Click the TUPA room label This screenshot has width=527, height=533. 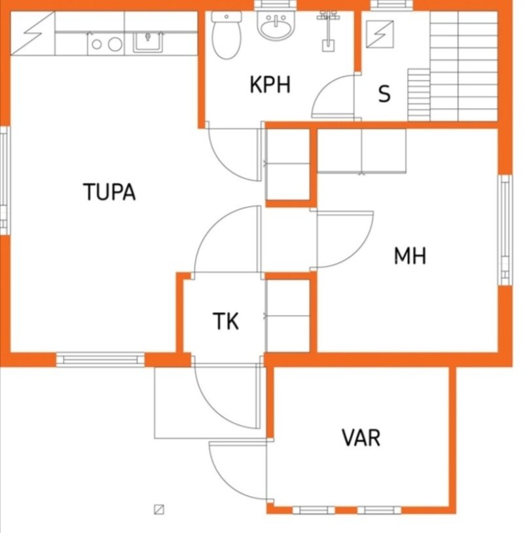pos(109,192)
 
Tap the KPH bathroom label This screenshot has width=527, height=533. pos(270,84)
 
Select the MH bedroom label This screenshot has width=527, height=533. pos(410,255)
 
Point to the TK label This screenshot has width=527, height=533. pos(226,322)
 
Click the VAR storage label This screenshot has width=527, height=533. pos(361,438)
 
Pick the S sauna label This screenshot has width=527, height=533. pos(384,94)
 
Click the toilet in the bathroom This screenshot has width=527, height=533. pos(227,35)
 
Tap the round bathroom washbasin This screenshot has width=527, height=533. pos(276,24)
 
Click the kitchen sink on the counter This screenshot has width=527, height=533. pos(148,42)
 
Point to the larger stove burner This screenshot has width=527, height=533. pos(115,44)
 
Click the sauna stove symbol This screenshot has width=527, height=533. pos(380,34)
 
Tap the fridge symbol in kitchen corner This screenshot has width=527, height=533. pos(33,33)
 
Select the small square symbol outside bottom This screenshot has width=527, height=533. pos(159,509)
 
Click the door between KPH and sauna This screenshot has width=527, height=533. pos(333,96)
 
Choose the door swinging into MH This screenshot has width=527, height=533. pos(345,239)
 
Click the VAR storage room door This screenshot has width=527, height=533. pos(238,469)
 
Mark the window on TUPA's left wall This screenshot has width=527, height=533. pos(5,181)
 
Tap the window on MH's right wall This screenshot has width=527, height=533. pos(505,230)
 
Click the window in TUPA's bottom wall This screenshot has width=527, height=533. pos(100,359)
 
